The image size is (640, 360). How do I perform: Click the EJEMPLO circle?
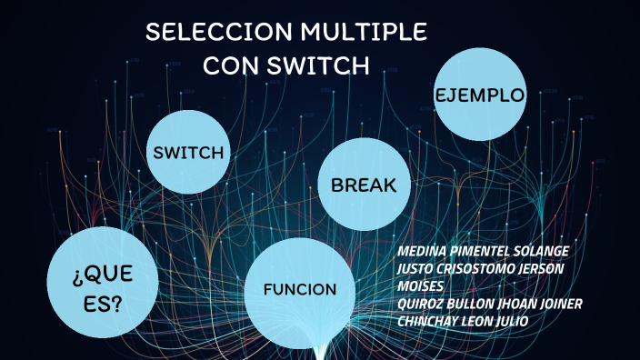480,95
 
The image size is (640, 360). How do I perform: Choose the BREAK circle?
364,185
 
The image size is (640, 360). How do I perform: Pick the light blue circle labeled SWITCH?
188,152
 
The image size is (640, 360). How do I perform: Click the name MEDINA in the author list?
422,251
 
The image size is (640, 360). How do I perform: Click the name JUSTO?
417,268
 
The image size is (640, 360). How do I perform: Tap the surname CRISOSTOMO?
482,268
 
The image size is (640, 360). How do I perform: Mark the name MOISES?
420,285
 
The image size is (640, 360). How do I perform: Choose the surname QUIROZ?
422,303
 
